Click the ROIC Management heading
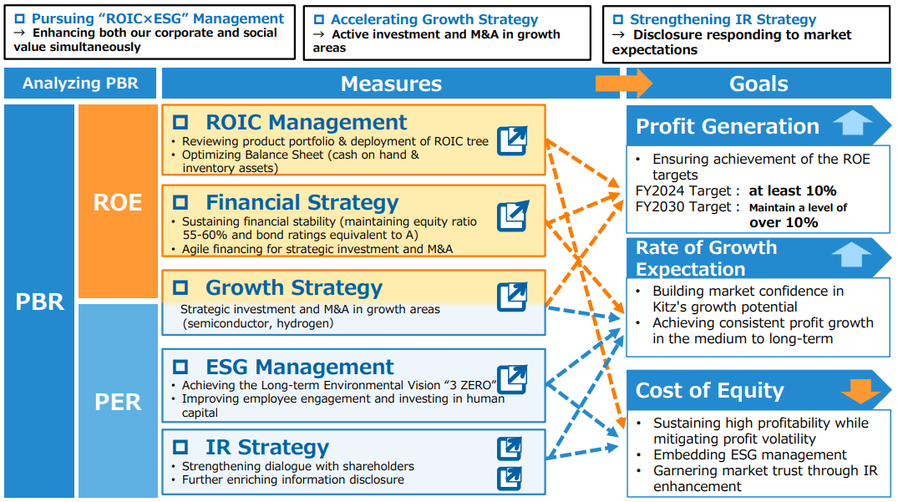point(306,122)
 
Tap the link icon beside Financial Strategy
point(512,216)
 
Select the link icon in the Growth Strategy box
point(512,297)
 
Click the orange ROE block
point(118,201)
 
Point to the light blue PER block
point(118,401)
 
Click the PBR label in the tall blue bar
point(39,302)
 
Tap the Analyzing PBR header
point(80,84)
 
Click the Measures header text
point(391,84)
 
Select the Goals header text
point(758,84)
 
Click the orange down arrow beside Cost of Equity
point(860,390)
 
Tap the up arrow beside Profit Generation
point(853,122)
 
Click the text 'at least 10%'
point(793,190)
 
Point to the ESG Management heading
point(300,367)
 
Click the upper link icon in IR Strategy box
point(509,449)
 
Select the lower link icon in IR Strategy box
point(509,479)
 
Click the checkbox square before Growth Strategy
point(180,287)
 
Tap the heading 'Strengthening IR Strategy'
point(723,19)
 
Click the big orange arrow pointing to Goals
point(623,84)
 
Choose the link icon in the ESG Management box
point(512,379)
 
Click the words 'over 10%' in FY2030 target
point(784,223)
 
